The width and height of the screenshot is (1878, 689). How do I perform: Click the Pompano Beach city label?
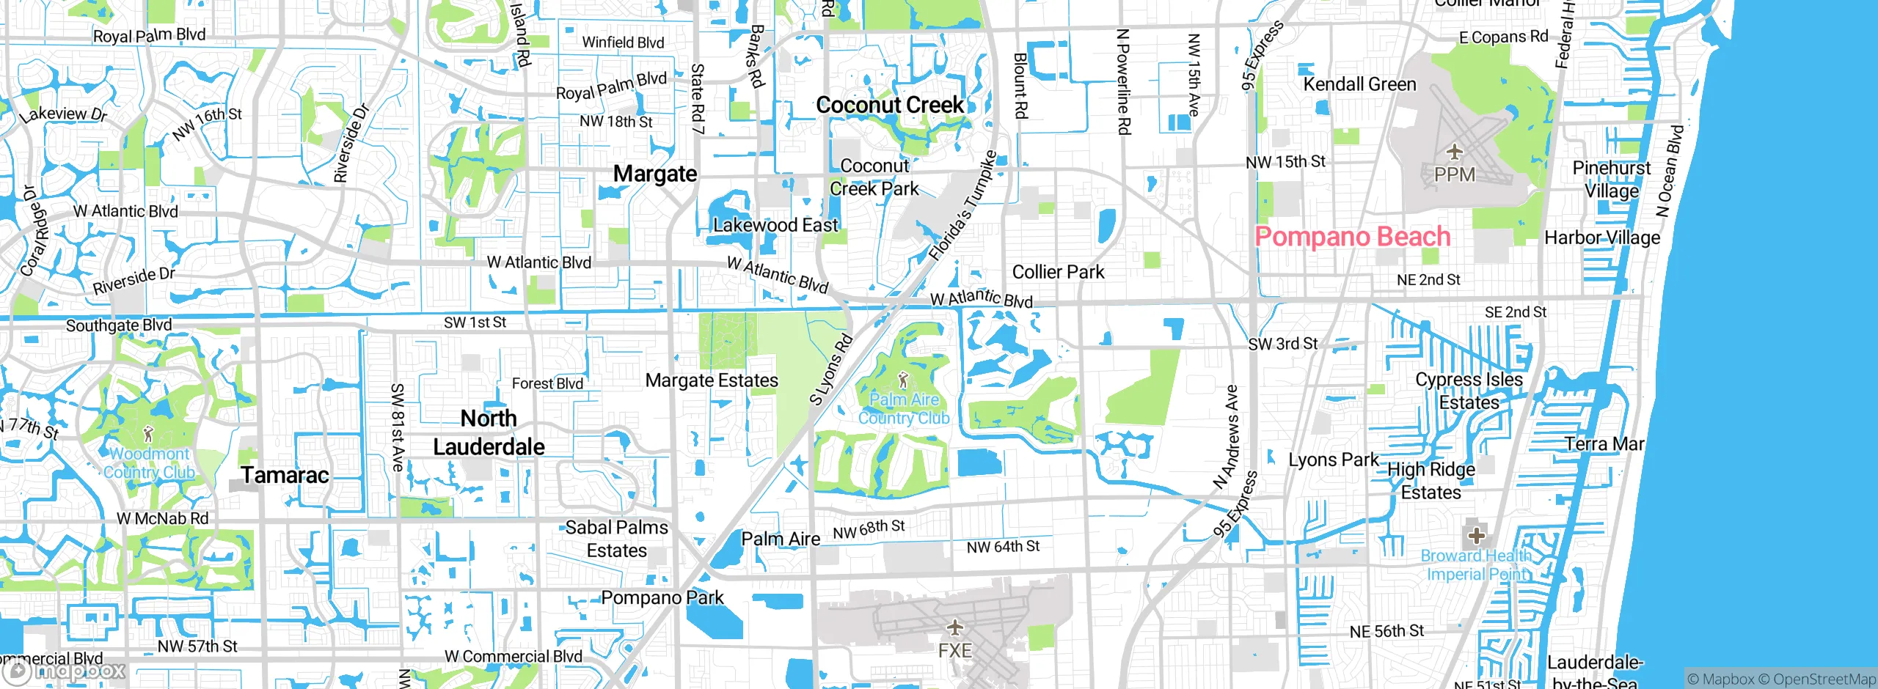(1353, 237)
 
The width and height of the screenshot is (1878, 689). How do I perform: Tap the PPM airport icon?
(1454, 152)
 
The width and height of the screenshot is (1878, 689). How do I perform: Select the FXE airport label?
(954, 650)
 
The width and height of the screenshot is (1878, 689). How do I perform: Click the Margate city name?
(655, 174)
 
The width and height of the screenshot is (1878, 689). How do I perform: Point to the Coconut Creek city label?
(890, 105)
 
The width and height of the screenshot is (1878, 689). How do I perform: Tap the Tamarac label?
(285, 475)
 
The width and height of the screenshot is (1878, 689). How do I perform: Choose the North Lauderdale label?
(489, 432)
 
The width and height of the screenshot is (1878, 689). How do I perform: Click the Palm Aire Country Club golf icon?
(903, 380)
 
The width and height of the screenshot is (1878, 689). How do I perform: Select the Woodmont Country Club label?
(150, 463)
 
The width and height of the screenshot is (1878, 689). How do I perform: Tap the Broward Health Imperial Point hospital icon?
(1476, 535)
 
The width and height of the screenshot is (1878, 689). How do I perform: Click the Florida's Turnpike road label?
(962, 206)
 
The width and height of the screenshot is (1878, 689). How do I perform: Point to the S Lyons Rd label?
(830, 369)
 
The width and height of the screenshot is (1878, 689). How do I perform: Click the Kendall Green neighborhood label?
(1359, 84)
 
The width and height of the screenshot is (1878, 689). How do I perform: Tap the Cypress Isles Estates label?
(1469, 391)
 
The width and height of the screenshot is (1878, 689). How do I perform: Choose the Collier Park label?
(1058, 272)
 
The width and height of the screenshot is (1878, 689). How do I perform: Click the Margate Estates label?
(712, 380)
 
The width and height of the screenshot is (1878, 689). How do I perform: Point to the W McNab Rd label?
(163, 518)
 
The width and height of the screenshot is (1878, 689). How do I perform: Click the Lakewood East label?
(775, 225)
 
